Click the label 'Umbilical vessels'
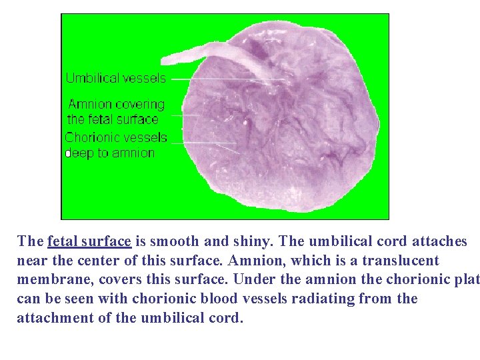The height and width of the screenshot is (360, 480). [115, 78]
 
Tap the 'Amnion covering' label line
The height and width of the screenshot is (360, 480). [117, 105]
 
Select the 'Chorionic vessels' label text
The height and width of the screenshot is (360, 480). [116, 138]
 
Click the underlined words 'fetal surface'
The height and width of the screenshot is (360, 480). [89, 241]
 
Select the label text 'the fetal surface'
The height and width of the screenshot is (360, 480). [113, 120]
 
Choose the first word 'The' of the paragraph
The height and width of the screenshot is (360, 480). [30, 241]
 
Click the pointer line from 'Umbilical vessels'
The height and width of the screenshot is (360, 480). [227, 79]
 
